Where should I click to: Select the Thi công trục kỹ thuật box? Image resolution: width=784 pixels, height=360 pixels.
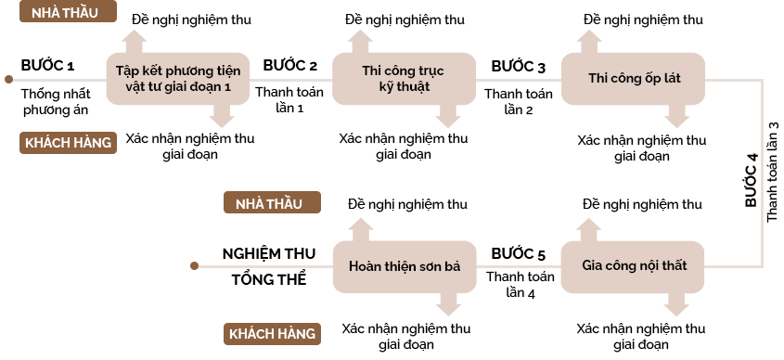[x=404, y=79]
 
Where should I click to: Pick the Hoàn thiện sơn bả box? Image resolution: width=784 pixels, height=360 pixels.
[x=404, y=266]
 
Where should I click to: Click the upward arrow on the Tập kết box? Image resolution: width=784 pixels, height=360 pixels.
[x=135, y=41]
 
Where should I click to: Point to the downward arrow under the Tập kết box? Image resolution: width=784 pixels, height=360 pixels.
[x=222, y=117]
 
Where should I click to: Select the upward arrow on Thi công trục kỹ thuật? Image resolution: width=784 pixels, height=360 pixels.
[x=361, y=41]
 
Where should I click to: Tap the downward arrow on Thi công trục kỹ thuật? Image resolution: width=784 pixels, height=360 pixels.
[x=448, y=117]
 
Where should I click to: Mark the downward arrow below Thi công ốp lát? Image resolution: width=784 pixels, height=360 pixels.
[x=676, y=117]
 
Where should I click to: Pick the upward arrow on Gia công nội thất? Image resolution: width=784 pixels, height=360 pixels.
[x=589, y=229]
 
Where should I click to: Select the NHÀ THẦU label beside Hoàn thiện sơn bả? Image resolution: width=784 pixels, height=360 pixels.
[x=271, y=203]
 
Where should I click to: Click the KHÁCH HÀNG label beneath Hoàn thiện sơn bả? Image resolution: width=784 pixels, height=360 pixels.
[x=272, y=333]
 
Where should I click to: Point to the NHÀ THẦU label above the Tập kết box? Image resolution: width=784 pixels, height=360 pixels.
[x=68, y=12]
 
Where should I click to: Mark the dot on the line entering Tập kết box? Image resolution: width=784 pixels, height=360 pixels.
[x=8, y=80]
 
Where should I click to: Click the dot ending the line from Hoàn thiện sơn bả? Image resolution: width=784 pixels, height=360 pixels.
[x=194, y=266]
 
